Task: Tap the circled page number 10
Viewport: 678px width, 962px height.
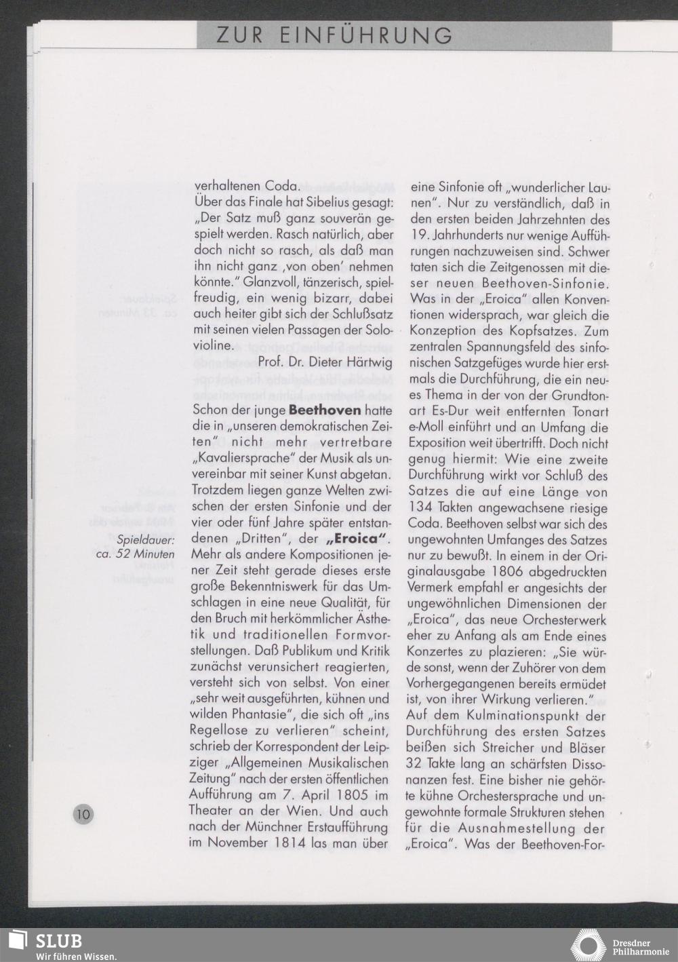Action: tap(84, 814)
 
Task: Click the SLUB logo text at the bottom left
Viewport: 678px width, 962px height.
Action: tap(59, 940)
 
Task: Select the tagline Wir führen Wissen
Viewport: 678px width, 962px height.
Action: tap(76, 956)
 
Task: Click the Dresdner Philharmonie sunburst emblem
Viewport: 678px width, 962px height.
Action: tap(588, 945)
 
